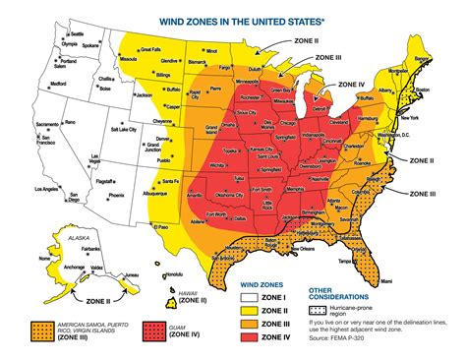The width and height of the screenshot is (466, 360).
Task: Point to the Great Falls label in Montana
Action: [x=150, y=49]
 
